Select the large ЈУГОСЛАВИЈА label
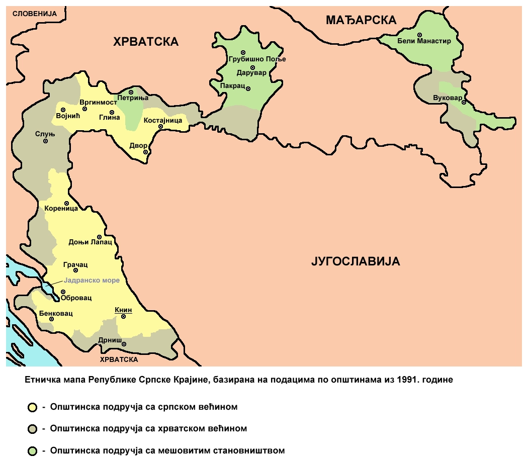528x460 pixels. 356,261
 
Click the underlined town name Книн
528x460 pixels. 123,310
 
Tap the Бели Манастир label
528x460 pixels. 424,41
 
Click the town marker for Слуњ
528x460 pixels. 45,141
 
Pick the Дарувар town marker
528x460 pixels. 253,67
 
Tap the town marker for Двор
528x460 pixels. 145,152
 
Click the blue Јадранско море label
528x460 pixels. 92,281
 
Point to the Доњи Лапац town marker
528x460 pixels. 100,237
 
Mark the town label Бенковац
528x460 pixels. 56,314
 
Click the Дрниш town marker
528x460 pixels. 124,344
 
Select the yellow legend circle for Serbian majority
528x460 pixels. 33,407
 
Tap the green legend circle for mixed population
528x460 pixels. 33,451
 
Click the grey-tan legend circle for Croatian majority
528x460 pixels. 33,429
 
